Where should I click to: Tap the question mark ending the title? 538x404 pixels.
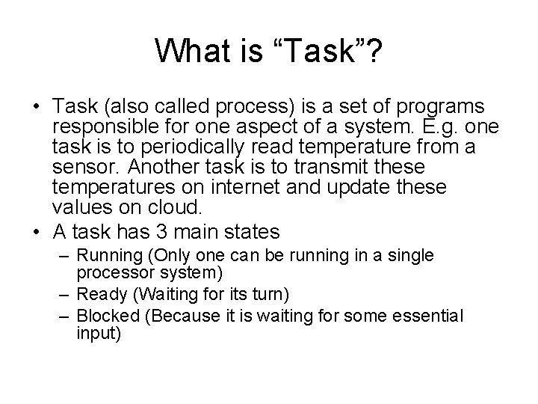click(374, 51)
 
